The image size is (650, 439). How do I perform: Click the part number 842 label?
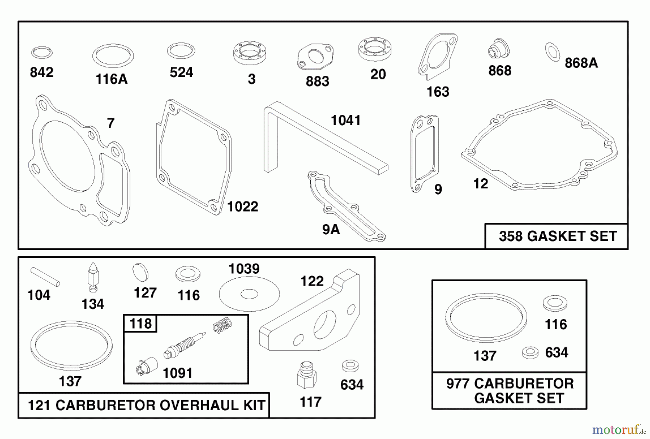[42, 73]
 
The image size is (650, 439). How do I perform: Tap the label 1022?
[243, 207]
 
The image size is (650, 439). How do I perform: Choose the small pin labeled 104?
[45, 277]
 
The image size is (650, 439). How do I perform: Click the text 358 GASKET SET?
[558, 236]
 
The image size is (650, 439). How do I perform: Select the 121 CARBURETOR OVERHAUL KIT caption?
[146, 405]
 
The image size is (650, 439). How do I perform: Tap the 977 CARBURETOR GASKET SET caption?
[510, 391]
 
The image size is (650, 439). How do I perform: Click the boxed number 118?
[140, 323]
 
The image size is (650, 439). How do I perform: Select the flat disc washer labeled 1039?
[249, 294]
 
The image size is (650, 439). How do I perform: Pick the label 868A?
[581, 63]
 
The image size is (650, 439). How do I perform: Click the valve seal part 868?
[499, 48]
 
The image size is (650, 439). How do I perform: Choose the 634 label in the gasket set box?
[556, 353]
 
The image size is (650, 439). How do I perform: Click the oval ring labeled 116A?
[113, 56]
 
